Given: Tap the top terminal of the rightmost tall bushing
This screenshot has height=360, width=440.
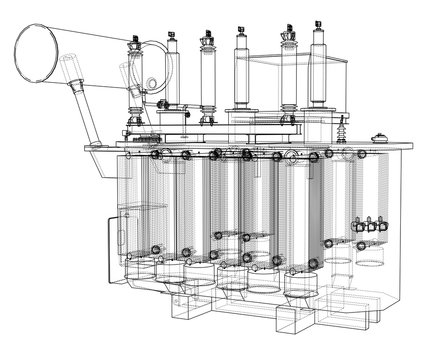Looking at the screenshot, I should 320,22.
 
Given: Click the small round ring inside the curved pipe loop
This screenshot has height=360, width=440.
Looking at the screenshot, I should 151,82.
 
